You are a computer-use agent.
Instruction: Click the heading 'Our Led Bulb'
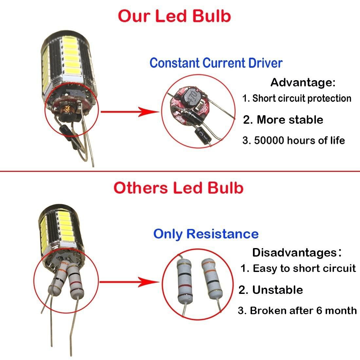pyautogui.click(x=174, y=16)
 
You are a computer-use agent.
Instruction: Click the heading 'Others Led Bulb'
pyautogui.click(x=178, y=188)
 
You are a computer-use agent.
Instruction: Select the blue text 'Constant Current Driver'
pyautogui.click(x=216, y=63)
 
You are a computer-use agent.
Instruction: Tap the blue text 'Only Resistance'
pyautogui.click(x=206, y=234)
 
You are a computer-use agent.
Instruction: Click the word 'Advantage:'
pyautogui.click(x=303, y=82)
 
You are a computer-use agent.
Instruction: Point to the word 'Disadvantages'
pyautogui.click(x=295, y=253)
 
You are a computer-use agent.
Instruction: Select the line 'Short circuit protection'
pyautogui.click(x=302, y=98)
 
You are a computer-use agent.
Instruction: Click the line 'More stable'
pyautogui.click(x=290, y=119)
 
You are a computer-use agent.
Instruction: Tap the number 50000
pyautogui.click(x=269, y=140)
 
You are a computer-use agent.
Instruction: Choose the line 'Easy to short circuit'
pyautogui.click(x=304, y=268)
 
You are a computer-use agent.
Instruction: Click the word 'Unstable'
pyautogui.click(x=278, y=290)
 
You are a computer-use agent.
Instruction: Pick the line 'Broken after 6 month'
pyautogui.click(x=303, y=310)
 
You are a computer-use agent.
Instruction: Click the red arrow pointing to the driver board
pyautogui.click(x=130, y=112)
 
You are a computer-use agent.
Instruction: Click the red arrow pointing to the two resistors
pyautogui.click(x=130, y=282)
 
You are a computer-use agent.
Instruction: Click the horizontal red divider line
pyautogui.click(x=180, y=171)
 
